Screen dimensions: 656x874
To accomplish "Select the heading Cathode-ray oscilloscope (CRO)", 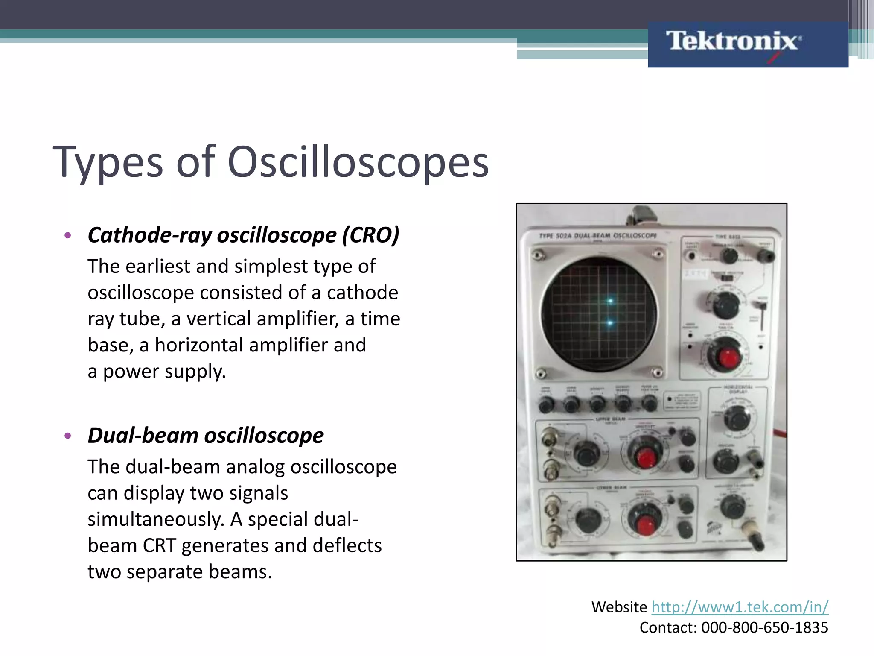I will coord(243,235).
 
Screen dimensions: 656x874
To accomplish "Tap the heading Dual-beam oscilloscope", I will coord(205,436).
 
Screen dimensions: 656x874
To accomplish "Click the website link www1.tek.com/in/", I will coord(740,607).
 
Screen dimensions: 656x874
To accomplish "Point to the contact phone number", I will coord(764,628).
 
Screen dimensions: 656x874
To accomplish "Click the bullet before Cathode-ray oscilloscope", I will coord(67,236).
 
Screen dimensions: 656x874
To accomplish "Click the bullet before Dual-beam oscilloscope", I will coord(67,436).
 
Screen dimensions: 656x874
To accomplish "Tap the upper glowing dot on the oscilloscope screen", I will coord(610,301).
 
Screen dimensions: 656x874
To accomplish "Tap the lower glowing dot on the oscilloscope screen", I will coord(610,323).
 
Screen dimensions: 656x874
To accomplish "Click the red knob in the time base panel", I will coord(728,358).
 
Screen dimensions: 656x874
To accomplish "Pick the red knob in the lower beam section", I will coord(646,524).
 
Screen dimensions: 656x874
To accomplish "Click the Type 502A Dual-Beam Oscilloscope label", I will coord(598,236).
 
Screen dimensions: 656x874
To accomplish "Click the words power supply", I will coord(164,372).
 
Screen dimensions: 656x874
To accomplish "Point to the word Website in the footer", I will coord(619,607).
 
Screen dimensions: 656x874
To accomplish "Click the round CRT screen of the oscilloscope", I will coord(599,313).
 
